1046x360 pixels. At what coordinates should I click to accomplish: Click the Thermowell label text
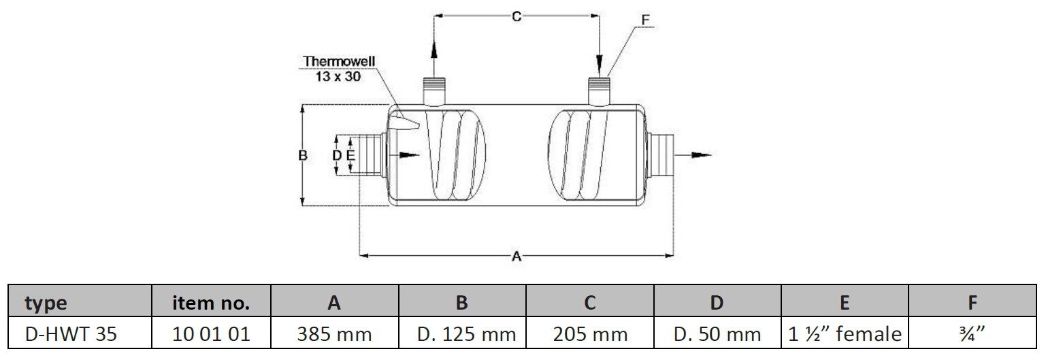coord(339,62)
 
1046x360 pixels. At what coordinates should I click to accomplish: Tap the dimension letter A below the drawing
coord(517,257)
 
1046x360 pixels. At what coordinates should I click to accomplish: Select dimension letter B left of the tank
coord(304,155)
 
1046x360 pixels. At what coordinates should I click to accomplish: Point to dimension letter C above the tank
coord(517,16)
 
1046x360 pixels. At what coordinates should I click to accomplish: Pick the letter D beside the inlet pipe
coord(336,155)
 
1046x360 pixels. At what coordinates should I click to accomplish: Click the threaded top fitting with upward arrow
coord(433,91)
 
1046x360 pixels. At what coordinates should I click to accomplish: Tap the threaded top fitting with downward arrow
coord(599,91)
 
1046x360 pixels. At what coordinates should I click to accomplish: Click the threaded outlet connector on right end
coord(662,155)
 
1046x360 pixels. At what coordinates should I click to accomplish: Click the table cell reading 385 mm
coord(334,334)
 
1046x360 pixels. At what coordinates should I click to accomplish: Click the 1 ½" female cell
coord(845,334)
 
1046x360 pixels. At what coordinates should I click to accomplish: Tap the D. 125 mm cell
coord(462,334)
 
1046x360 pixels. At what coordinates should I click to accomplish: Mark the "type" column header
coord(46,302)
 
